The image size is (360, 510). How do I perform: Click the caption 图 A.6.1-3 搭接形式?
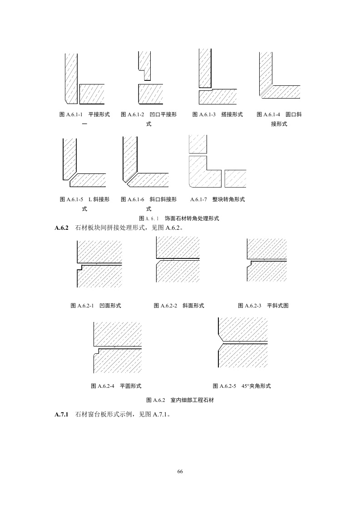(217, 114)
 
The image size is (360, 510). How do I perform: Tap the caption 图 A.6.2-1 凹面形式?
(96, 306)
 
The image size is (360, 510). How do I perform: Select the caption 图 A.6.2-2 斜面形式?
(179, 306)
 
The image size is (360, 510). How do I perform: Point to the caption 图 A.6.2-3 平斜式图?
(263, 306)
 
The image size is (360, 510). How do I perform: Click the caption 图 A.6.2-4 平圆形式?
(116, 386)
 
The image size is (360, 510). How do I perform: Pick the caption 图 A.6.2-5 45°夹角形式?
(242, 386)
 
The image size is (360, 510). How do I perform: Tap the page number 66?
(180, 472)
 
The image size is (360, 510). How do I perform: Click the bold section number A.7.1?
(61, 415)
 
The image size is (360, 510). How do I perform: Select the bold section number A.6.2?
(61, 228)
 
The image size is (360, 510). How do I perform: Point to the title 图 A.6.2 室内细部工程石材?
(180, 400)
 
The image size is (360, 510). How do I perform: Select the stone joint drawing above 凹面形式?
(99, 263)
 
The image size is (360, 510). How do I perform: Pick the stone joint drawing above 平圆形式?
(117, 347)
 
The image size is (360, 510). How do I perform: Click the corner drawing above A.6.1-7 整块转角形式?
(217, 162)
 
